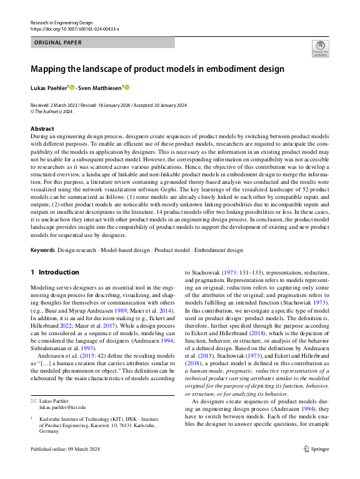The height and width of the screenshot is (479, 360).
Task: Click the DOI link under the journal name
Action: [74, 29]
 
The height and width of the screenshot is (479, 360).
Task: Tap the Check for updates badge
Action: [320, 49]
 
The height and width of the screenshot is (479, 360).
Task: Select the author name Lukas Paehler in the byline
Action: [50, 88]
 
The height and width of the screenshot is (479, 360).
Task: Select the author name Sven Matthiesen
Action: [103, 88]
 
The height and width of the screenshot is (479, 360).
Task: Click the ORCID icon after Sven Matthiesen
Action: [127, 88]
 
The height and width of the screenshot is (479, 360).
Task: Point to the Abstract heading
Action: [42, 128]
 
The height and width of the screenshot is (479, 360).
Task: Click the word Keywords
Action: [42, 250]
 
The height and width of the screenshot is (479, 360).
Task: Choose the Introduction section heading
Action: [55, 272]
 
